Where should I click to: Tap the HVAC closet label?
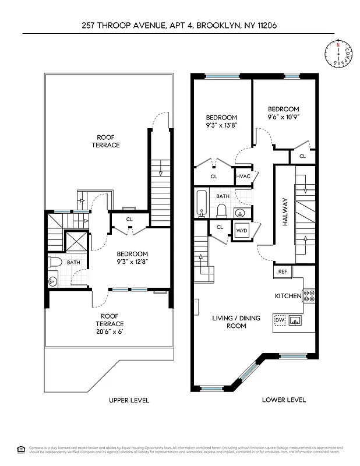[243, 176]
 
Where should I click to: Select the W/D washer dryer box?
[241, 231]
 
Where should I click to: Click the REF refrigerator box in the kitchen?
[283, 271]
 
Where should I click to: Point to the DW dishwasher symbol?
[279, 320]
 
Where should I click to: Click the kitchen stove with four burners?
[309, 296]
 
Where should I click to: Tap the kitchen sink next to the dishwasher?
[295, 320]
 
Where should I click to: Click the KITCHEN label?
[288, 296]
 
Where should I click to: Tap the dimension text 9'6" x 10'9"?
[283, 116]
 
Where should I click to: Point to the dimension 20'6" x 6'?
[110, 331]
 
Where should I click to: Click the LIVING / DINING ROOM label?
[228, 322]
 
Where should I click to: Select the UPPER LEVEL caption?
[129, 400]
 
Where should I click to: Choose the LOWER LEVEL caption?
[284, 400]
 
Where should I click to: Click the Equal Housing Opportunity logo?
[21, 449]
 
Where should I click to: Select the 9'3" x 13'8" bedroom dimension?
[221, 125]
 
